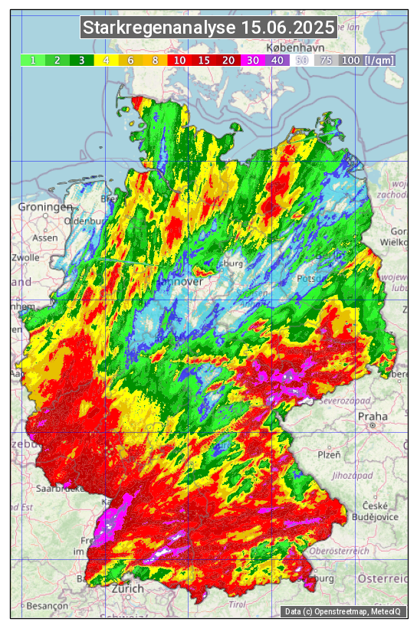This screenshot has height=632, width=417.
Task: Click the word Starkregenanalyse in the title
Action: (x=159, y=28)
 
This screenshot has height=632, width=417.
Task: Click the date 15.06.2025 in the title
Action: (x=287, y=28)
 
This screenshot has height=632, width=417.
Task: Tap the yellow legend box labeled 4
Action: (x=106, y=60)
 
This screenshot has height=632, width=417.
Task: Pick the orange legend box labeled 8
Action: (x=155, y=60)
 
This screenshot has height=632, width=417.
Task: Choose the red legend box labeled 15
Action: (x=204, y=60)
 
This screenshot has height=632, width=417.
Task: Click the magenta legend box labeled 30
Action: (x=253, y=60)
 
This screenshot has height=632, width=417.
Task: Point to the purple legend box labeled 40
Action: (x=277, y=60)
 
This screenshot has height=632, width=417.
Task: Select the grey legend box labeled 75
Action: (x=326, y=60)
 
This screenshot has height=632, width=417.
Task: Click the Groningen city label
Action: (x=46, y=207)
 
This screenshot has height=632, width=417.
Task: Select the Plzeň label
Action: (x=329, y=454)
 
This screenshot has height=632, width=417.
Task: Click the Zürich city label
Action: (x=127, y=588)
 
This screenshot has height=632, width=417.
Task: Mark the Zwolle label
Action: (x=25, y=257)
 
